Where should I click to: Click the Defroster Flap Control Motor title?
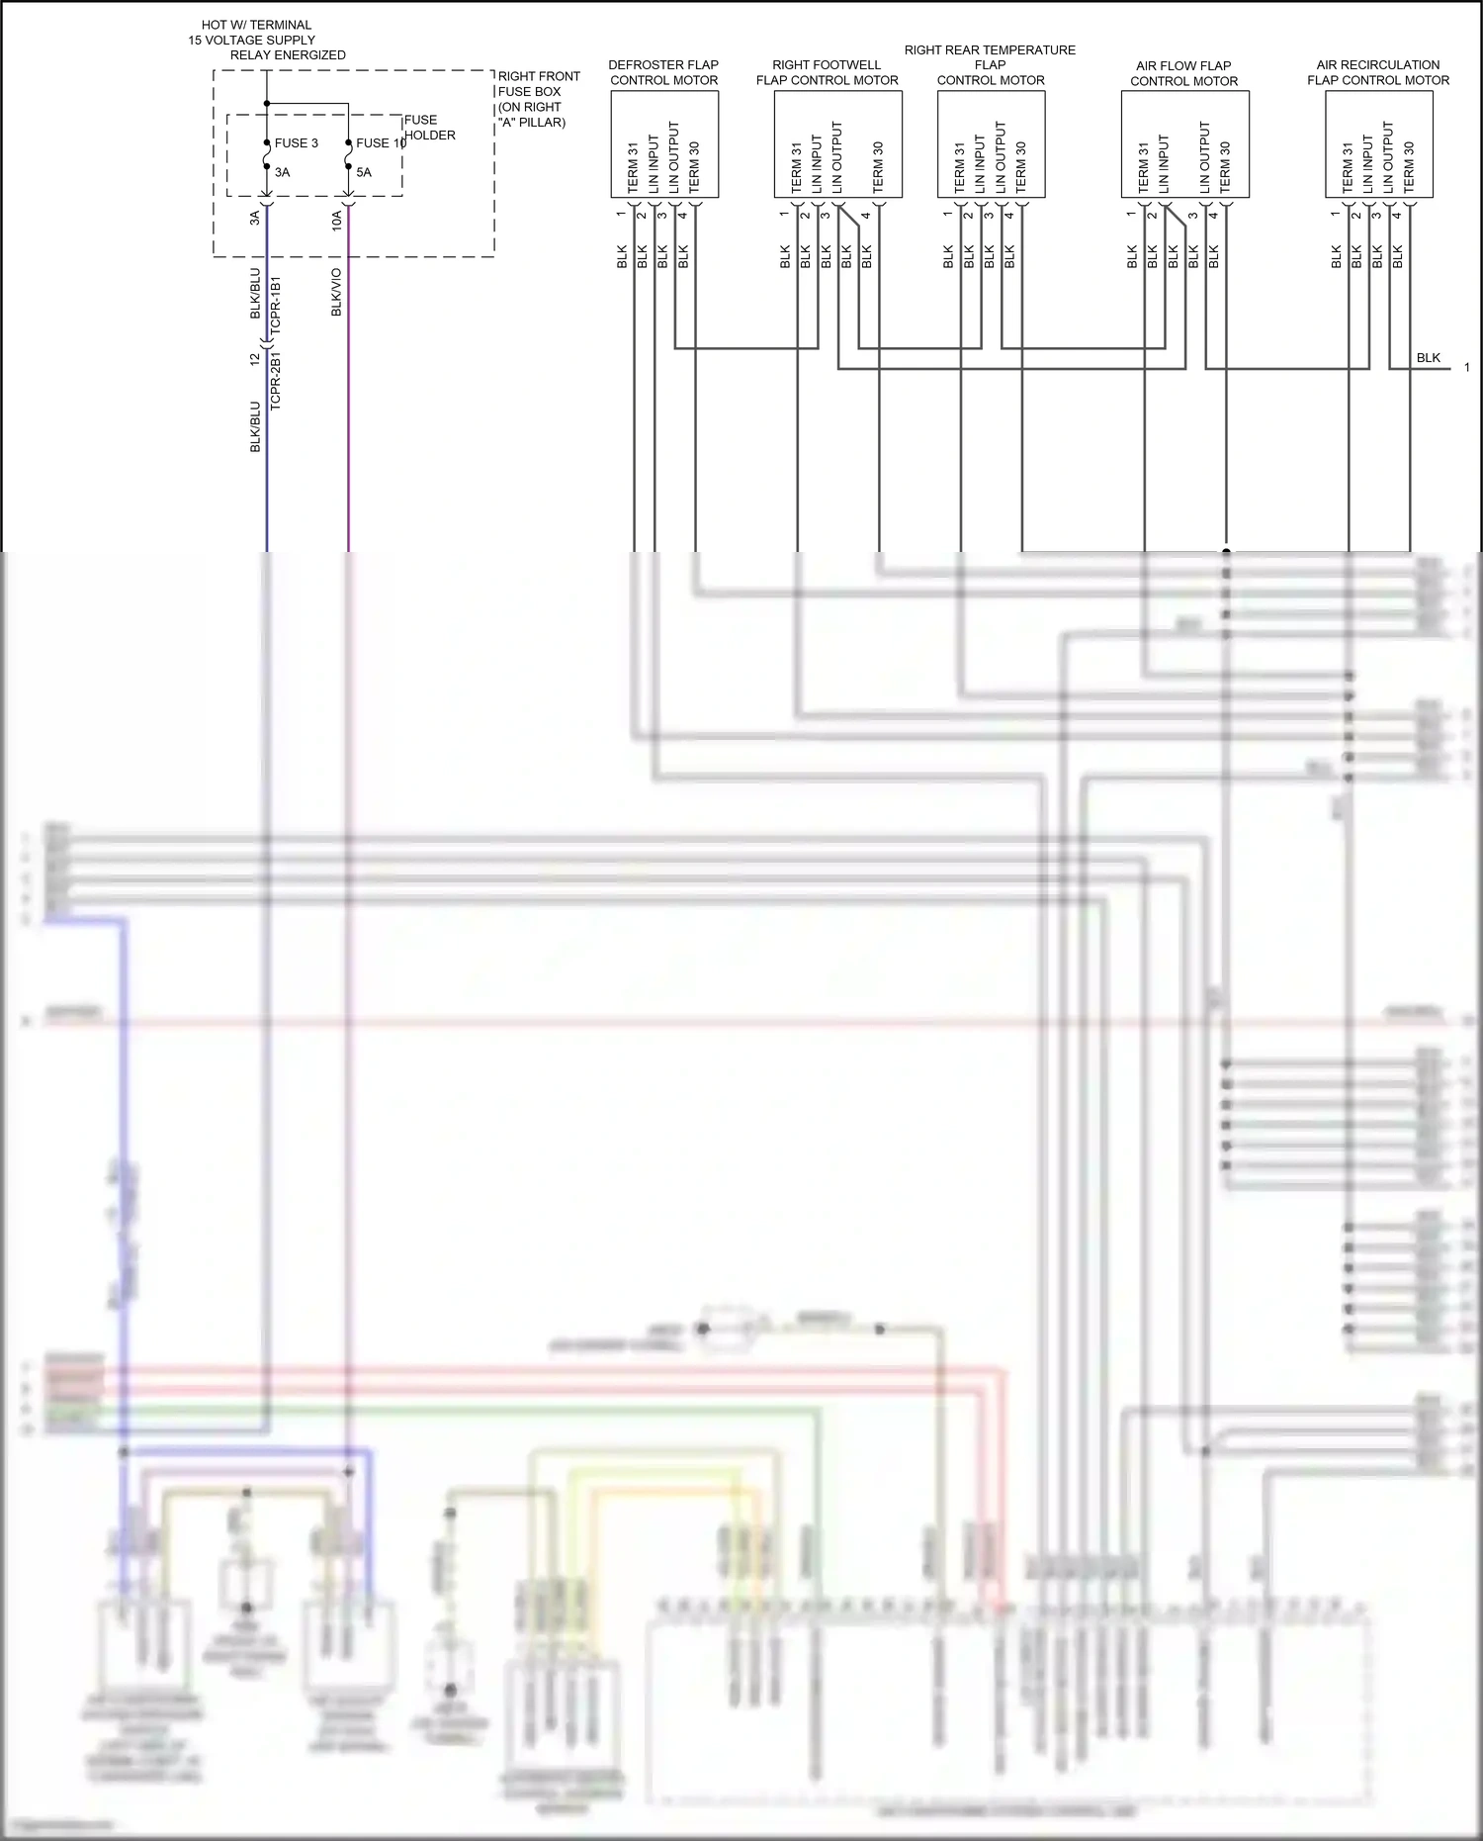[x=663, y=72]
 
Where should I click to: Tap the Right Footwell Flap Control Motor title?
[x=827, y=72]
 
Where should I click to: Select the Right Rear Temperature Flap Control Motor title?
[x=990, y=64]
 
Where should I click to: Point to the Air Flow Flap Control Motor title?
[x=1183, y=73]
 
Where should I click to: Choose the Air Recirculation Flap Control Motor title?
[x=1378, y=72]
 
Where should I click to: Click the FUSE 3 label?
[x=296, y=143]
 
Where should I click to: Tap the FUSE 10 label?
[x=381, y=143]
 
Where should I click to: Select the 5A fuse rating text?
[x=364, y=172]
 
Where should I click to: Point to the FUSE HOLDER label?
[x=429, y=128]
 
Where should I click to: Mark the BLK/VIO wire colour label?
[x=336, y=292]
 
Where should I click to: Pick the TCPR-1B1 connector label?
[x=276, y=304]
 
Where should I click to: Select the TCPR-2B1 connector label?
[x=276, y=381]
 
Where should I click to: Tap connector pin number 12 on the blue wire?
[x=254, y=359]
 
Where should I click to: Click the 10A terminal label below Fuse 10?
[x=336, y=220]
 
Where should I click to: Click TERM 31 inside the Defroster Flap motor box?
[x=633, y=168]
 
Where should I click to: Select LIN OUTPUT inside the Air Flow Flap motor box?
[x=1204, y=157]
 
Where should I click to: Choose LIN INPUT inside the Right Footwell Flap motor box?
[x=817, y=164]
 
